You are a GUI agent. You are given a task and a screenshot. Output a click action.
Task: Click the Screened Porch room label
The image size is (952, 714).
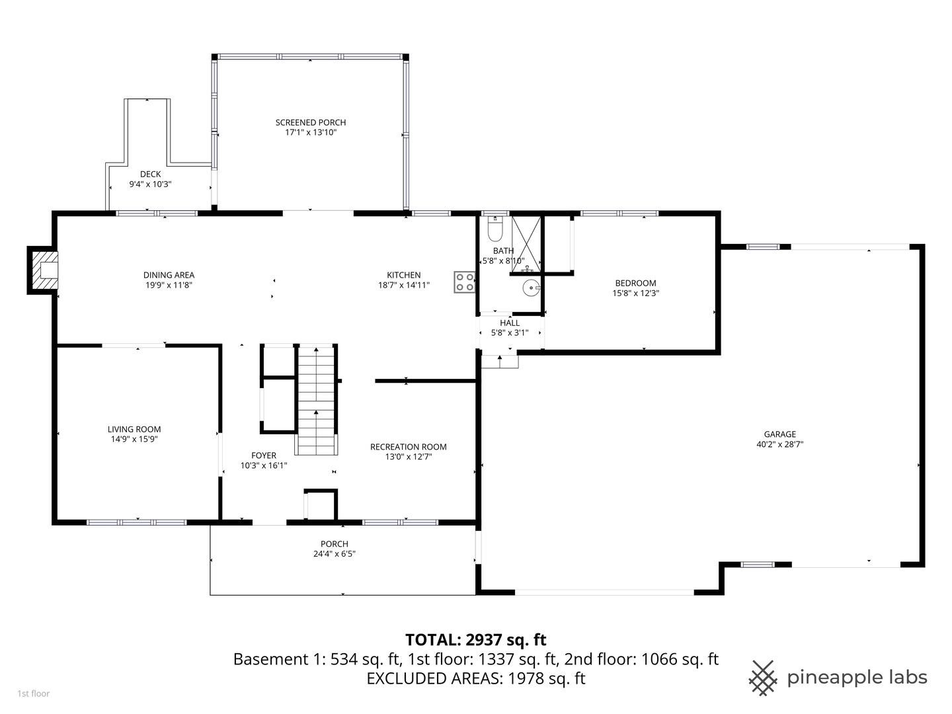tap(310, 122)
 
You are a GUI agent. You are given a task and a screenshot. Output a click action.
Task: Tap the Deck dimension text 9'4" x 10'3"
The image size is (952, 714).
tap(150, 184)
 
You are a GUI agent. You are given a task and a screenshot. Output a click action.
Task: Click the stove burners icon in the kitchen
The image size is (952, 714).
tap(464, 282)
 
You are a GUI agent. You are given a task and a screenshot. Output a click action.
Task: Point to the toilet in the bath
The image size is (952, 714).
tap(495, 230)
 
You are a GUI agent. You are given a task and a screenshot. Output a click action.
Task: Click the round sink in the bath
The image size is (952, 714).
tap(531, 288)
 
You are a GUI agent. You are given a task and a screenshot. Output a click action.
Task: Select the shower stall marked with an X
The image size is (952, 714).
tap(526, 242)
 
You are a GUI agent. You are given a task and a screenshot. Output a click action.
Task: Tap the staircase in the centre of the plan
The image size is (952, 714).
tap(317, 401)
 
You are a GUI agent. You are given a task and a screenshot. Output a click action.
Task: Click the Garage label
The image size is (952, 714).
tap(779, 434)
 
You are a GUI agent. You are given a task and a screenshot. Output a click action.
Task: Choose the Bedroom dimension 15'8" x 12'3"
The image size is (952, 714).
tap(635, 293)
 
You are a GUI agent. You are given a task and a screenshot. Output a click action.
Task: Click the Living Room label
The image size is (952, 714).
tap(134, 429)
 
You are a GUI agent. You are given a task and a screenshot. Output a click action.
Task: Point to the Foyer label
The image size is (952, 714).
tap(264, 456)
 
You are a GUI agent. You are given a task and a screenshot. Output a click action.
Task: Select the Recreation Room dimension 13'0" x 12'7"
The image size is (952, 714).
tap(408, 456)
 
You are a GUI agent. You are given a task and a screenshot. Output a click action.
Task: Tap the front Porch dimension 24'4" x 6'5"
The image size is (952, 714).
tap(335, 554)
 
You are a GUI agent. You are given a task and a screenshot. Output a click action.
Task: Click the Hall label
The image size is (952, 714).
tap(510, 323)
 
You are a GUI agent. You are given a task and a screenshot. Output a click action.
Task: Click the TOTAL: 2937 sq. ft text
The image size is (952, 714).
tap(475, 639)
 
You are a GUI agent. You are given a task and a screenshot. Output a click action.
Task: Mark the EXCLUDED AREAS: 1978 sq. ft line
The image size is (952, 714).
tap(475, 678)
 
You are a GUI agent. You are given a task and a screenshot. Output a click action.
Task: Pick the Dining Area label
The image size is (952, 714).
tap(169, 275)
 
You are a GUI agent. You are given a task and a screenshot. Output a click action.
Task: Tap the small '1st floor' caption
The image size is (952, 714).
tap(33, 694)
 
